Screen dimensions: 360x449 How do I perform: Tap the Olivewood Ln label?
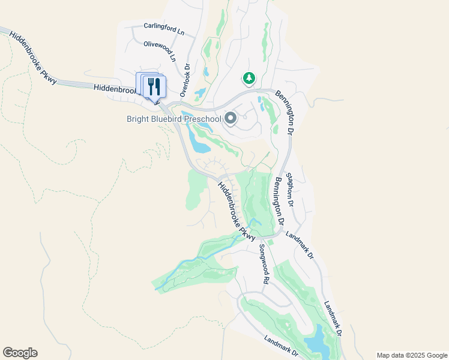coord(160,52)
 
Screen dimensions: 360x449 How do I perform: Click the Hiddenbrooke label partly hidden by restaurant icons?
coord(117,88)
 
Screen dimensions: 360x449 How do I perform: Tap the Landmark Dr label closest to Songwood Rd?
coord(300,245)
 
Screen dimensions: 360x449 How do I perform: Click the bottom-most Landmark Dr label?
coord(281,346)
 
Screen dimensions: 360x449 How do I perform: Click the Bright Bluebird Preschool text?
coord(173,119)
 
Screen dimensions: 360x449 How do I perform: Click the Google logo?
coord(20,353)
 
